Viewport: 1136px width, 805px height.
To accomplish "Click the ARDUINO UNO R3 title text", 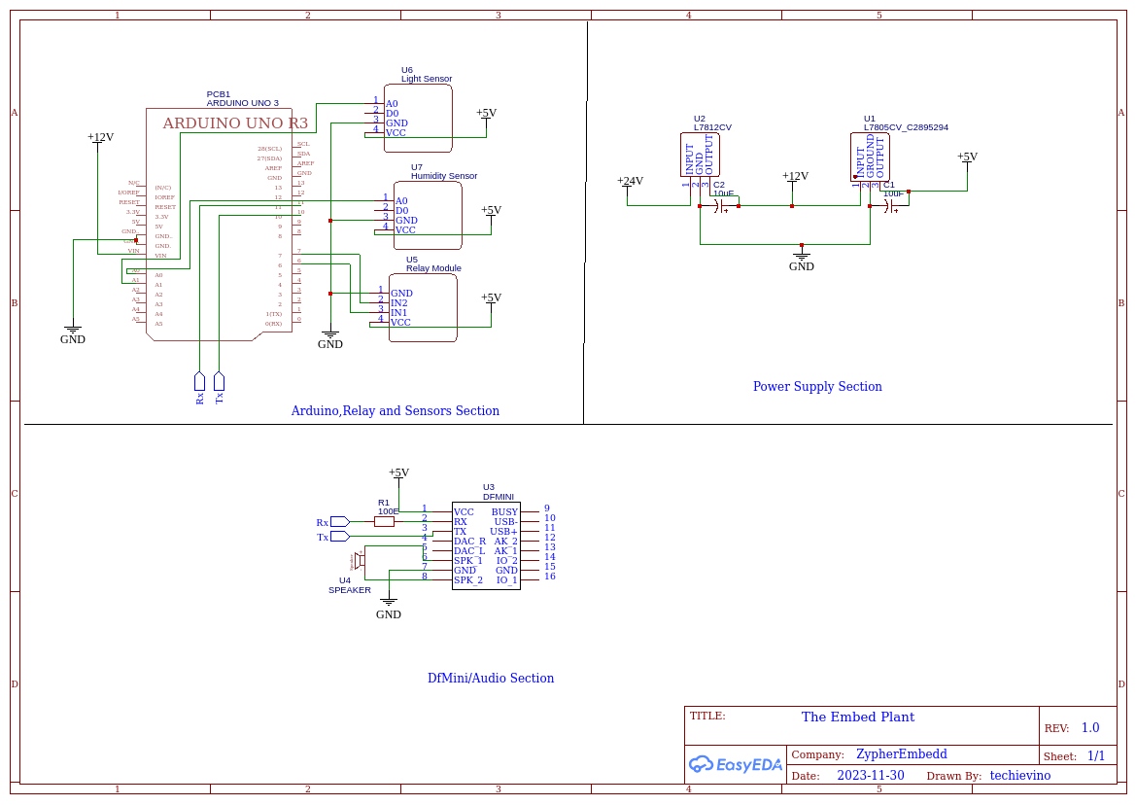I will click(234, 123).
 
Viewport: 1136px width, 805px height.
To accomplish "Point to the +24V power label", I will click(630, 181).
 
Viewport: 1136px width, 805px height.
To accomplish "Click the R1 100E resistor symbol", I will click(384, 521).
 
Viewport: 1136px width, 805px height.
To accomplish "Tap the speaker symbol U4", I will click(359, 560).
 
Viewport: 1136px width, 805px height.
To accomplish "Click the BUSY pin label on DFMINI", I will click(504, 511).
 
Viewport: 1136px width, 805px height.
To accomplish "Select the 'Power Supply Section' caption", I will click(817, 387).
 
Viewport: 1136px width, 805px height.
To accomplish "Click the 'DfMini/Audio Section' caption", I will click(491, 679).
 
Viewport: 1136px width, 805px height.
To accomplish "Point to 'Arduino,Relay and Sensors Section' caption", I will click(395, 411).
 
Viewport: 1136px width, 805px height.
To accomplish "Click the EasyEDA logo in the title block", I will click(736, 764).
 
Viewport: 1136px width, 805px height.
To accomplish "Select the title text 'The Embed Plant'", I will click(857, 717).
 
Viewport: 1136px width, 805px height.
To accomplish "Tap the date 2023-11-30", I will click(870, 776).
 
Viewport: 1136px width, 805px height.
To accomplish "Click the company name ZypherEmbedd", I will click(901, 754).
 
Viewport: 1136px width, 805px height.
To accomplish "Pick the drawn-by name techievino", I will click(1019, 776).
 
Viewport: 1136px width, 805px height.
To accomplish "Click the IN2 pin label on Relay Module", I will click(398, 303).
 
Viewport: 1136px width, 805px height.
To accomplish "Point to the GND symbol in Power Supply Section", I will click(801, 258).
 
